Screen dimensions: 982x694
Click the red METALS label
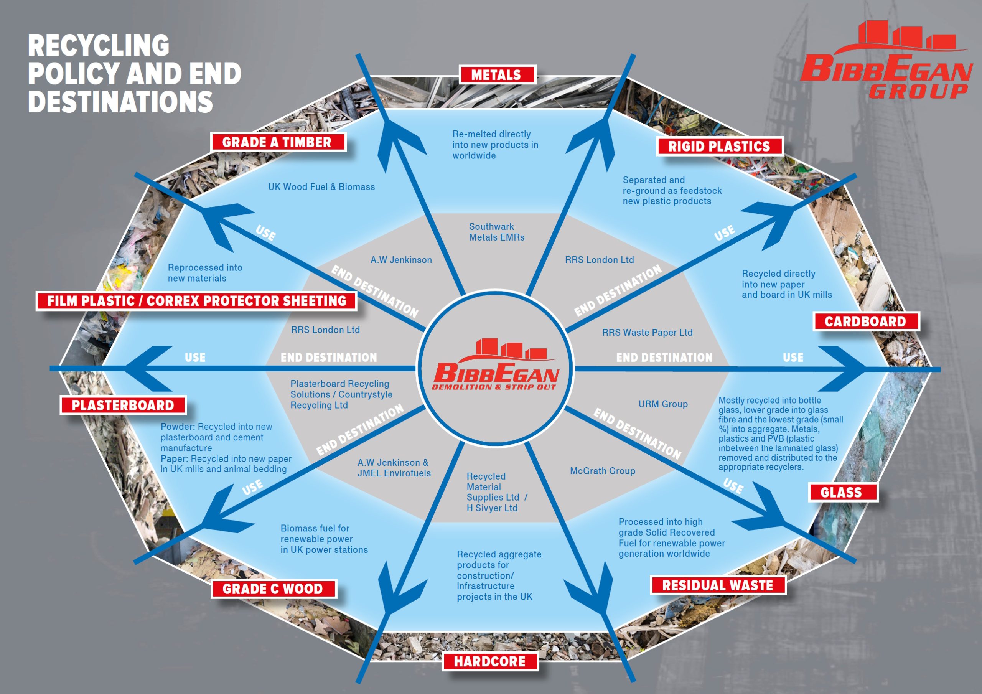click(x=497, y=75)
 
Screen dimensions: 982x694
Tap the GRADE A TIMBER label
click(x=278, y=142)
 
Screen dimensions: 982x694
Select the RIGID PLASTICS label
click(x=719, y=146)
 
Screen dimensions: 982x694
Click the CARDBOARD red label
click(x=866, y=321)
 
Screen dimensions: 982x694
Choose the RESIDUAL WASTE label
click(x=718, y=585)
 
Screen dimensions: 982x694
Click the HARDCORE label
click(x=490, y=661)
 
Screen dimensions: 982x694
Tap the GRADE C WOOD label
click(x=274, y=589)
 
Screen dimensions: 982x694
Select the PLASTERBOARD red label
click(x=123, y=405)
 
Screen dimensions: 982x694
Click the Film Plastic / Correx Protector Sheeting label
click(x=196, y=301)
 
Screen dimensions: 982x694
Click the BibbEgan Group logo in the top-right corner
click(x=885, y=60)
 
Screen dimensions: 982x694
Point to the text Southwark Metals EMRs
click(x=496, y=232)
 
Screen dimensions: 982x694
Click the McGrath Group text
click(x=603, y=471)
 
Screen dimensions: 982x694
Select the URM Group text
click(x=663, y=404)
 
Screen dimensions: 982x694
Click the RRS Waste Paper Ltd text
click(x=647, y=333)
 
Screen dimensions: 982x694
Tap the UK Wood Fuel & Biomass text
click(x=321, y=187)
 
